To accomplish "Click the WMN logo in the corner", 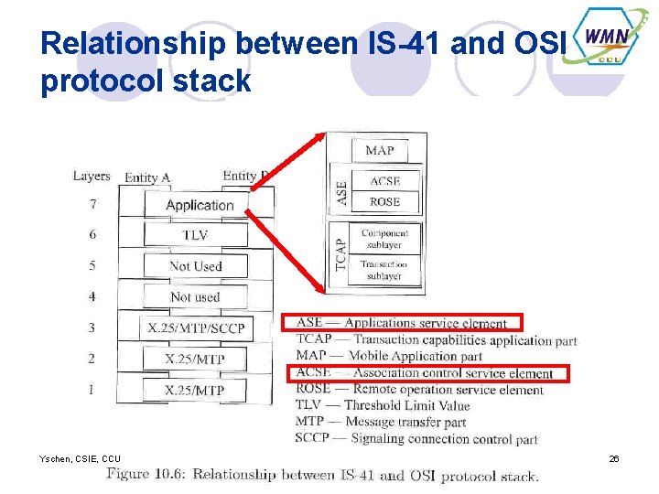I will [x=605, y=42].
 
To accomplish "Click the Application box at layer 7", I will [x=199, y=205].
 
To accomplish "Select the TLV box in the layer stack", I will [x=195, y=235].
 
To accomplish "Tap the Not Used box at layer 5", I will [x=195, y=266].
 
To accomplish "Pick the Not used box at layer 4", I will [x=195, y=296].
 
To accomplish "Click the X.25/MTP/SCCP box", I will [x=195, y=328].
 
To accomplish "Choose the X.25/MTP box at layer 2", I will [x=195, y=359].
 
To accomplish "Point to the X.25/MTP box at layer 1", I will [x=195, y=390].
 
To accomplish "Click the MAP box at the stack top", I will [x=379, y=150].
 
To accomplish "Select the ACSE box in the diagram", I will [x=384, y=181].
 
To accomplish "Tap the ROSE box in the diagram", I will [x=384, y=201].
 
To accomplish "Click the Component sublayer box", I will [x=384, y=239].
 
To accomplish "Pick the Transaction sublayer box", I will [x=384, y=270].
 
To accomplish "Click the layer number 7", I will [x=92, y=204].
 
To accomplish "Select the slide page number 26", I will [x=614, y=458].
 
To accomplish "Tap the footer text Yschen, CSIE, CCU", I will [x=80, y=458].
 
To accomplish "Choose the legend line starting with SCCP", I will [x=416, y=439].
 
